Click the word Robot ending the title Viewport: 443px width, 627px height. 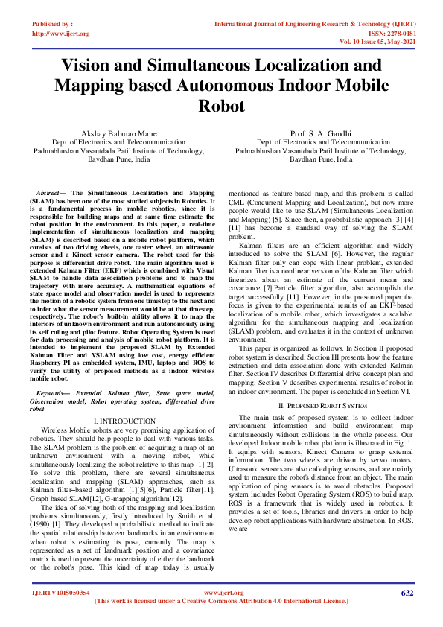coord(221,106)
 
